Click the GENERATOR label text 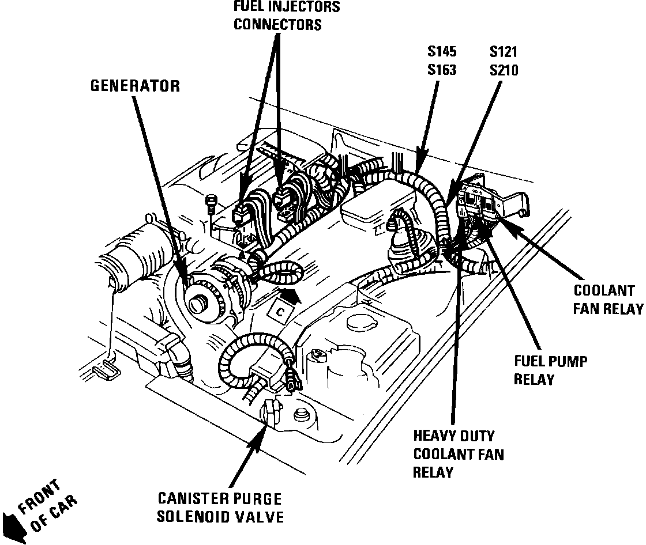tap(135, 86)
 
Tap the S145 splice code tap(442, 52)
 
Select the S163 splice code tap(442, 70)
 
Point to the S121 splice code tap(504, 52)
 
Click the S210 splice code tap(504, 70)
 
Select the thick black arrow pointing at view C tap(294, 296)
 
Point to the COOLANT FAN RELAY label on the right tap(607, 299)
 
